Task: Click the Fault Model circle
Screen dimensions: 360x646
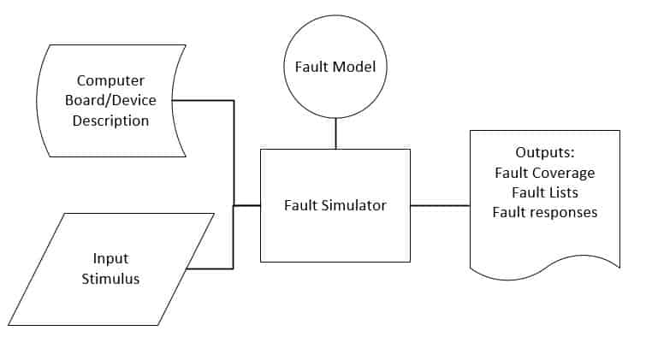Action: click(335, 66)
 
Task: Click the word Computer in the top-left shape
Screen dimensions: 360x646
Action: click(110, 81)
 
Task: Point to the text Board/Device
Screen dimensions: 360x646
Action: click(110, 101)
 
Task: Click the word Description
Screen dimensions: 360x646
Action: click(110, 121)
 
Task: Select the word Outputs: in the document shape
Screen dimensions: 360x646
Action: click(544, 152)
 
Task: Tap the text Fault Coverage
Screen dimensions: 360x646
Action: click(544, 172)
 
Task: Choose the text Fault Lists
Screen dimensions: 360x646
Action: click(544, 192)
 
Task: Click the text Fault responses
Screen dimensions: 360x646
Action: click(544, 211)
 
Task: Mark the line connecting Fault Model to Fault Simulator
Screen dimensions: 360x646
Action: click(335, 133)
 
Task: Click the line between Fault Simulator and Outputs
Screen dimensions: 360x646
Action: click(440, 205)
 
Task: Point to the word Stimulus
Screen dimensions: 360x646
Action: click(110, 279)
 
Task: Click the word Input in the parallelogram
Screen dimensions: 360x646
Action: click(110, 258)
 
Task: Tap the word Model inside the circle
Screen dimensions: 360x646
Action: click(356, 66)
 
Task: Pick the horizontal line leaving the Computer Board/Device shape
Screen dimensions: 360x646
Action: click(205, 100)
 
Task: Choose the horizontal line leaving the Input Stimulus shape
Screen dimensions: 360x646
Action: click(210, 269)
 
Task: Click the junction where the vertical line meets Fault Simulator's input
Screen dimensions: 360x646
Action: click(234, 205)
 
